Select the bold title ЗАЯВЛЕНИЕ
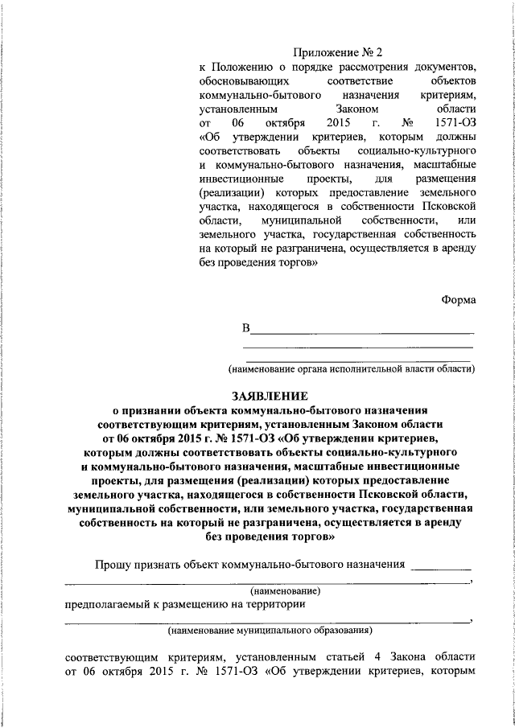(x=271, y=396)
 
